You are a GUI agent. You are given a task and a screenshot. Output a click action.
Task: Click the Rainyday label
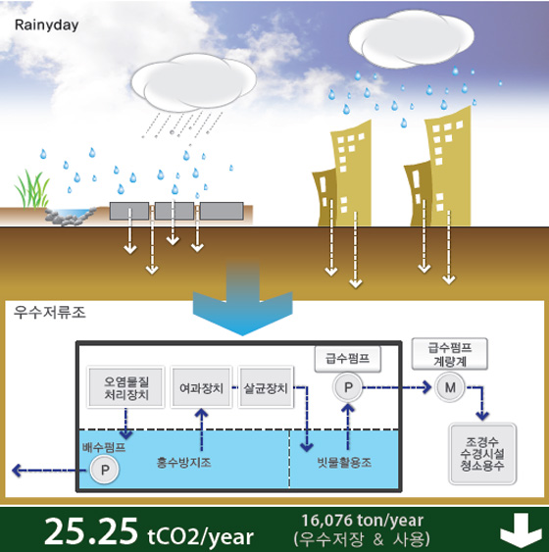point(46,25)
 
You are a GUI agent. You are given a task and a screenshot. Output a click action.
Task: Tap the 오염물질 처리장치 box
point(126,387)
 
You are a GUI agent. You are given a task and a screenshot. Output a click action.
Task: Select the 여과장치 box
point(201,387)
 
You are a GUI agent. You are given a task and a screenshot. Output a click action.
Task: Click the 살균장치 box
point(266,387)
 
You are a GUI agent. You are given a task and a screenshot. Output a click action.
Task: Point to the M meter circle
point(450,387)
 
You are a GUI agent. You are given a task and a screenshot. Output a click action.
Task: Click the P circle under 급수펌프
point(348,387)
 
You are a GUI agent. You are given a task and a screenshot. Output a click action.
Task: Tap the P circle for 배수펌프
point(105,470)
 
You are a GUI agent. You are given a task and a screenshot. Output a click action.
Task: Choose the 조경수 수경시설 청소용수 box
point(482,454)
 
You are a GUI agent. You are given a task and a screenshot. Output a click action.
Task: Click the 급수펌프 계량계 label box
point(449,354)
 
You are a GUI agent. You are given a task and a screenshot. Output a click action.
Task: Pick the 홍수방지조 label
point(183,462)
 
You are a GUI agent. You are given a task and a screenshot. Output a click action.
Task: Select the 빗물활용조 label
point(344,462)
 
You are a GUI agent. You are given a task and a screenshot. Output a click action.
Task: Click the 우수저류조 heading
point(50,312)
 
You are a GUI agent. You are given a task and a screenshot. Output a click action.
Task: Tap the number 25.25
point(91,531)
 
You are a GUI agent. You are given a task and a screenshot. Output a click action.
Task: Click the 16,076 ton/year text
point(363,521)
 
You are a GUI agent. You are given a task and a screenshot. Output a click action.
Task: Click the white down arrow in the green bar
point(521,531)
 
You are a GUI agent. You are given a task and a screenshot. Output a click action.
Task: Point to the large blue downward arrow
point(242,298)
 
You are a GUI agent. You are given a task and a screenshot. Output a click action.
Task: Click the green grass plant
point(31,190)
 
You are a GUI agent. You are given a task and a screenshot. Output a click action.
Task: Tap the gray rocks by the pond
point(71,216)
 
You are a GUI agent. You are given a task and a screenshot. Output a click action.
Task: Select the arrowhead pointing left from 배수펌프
point(17,470)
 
